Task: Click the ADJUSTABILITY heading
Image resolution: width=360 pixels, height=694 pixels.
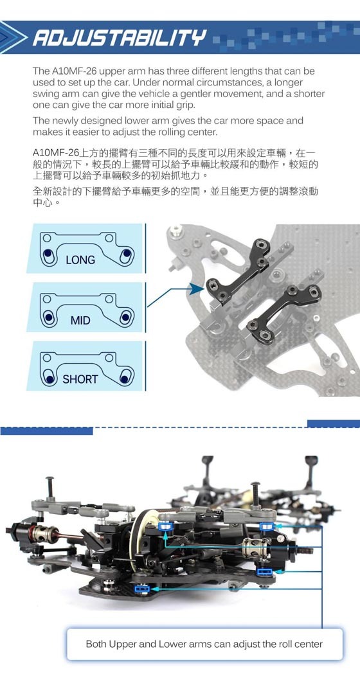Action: (120, 38)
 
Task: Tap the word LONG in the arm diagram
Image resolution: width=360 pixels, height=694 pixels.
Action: (80, 260)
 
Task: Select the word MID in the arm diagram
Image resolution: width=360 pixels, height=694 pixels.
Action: (80, 320)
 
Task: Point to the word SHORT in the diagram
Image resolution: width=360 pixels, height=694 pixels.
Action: (80, 379)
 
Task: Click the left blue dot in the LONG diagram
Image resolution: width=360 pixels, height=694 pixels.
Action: (48, 254)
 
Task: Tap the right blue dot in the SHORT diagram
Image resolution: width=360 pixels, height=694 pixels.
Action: (125, 378)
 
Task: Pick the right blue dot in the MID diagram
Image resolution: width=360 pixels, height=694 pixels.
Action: (126, 317)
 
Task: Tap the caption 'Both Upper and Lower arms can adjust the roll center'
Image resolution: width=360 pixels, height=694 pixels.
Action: (204, 643)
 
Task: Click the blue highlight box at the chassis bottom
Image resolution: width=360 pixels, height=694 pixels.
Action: (141, 588)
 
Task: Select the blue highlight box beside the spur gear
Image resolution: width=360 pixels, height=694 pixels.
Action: (165, 526)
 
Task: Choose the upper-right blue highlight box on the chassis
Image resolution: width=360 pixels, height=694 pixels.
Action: (265, 526)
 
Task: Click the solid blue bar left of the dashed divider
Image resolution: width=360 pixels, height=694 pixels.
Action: (46, 431)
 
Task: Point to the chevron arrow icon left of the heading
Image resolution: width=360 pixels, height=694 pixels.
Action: (14, 38)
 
